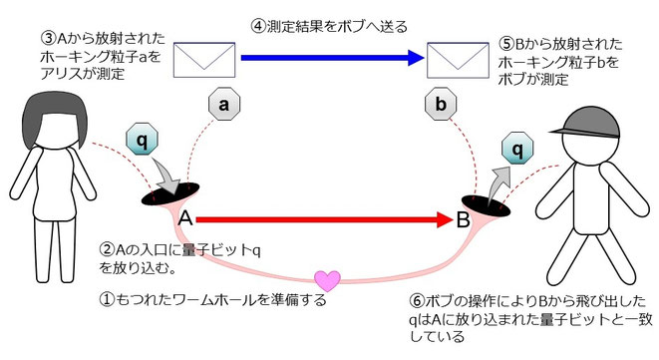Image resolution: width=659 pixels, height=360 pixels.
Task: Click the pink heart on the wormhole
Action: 326,278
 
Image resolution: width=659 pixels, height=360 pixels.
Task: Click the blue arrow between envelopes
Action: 329,58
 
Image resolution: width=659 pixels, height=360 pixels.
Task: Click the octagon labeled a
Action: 224,102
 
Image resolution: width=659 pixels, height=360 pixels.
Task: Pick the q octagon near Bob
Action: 517,152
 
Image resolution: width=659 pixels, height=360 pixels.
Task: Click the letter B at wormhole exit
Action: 464,218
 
